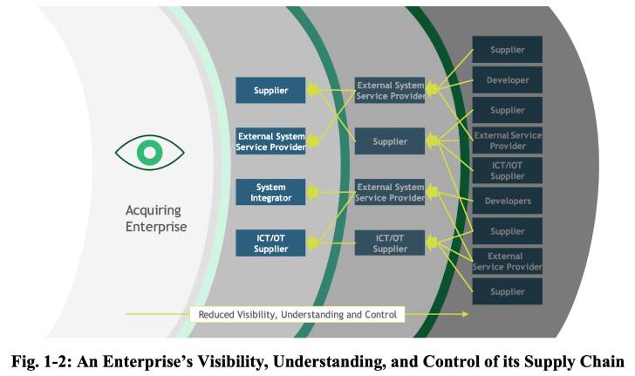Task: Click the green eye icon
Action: tap(150, 154)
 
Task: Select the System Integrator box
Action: tap(270, 192)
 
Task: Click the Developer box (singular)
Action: tap(507, 80)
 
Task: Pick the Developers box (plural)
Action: tap(507, 201)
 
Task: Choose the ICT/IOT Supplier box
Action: tap(507, 170)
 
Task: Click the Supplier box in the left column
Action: tap(270, 90)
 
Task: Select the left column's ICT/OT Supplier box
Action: tap(270, 243)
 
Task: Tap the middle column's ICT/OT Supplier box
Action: tap(390, 243)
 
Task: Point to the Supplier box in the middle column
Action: tap(390, 140)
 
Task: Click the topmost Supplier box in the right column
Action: tap(507, 50)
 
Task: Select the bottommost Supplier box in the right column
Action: tap(507, 291)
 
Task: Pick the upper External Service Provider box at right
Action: tap(507, 140)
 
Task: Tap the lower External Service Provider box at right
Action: tap(507, 261)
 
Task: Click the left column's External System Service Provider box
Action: tap(270, 141)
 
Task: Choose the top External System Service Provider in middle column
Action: tap(390, 90)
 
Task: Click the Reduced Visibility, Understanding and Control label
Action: tap(297, 314)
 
